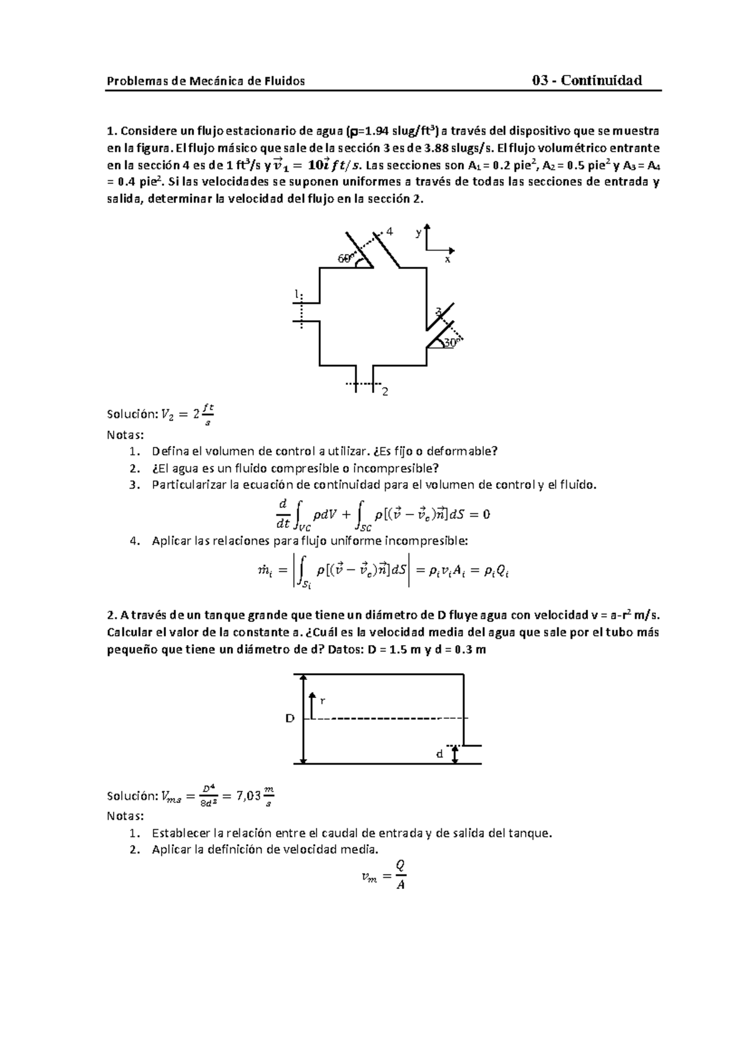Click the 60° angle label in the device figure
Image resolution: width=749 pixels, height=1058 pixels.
click(345, 258)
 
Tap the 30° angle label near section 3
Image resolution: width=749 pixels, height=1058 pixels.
click(451, 342)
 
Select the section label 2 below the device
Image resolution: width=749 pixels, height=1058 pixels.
click(385, 392)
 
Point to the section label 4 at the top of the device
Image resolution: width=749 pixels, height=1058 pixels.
click(390, 231)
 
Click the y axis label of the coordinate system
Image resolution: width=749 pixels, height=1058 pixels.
click(418, 233)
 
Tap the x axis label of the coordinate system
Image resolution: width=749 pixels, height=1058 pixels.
click(447, 258)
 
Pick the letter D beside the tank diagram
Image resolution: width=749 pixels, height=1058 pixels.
click(290, 719)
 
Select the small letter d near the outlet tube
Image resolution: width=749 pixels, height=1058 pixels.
click(439, 754)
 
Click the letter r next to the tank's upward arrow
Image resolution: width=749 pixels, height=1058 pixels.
click(322, 701)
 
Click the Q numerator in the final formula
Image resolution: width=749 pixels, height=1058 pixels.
click(400, 865)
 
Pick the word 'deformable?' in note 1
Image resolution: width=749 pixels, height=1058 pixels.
click(469, 451)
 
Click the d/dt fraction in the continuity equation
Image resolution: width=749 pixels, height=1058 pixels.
click(282, 514)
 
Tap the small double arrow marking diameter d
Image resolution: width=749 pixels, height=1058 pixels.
click(456, 754)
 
